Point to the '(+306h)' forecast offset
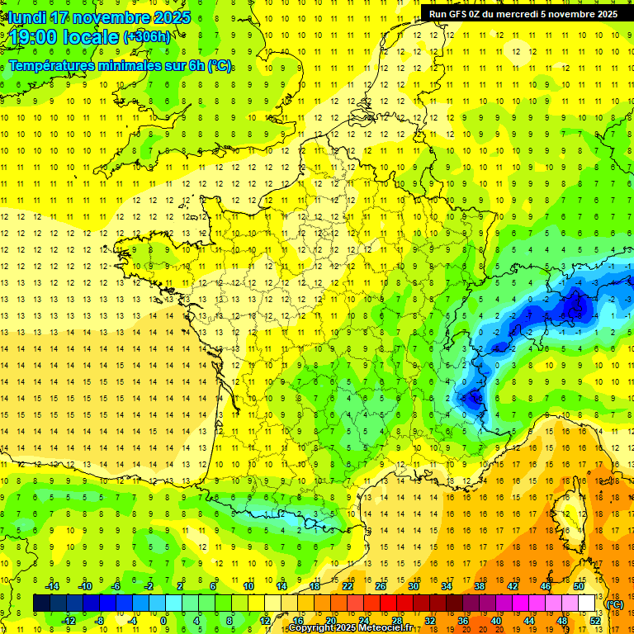click(x=148, y=37)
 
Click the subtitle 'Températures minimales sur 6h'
click(x=120, y=66)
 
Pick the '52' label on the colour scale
click(x=594, y=620)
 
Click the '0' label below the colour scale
click(x=163, y=620)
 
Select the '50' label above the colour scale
click(x=578, y=586)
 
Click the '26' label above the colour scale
click(x=381, y=586)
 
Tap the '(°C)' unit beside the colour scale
click(x=614, y=603)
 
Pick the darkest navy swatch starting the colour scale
click(x=41, y=603)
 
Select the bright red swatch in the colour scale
click(x=388, y=603)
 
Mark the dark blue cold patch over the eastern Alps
click(x=573, y=307)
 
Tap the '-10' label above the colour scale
click(x=84, y=586)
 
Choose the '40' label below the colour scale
click(x=495, y=620)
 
